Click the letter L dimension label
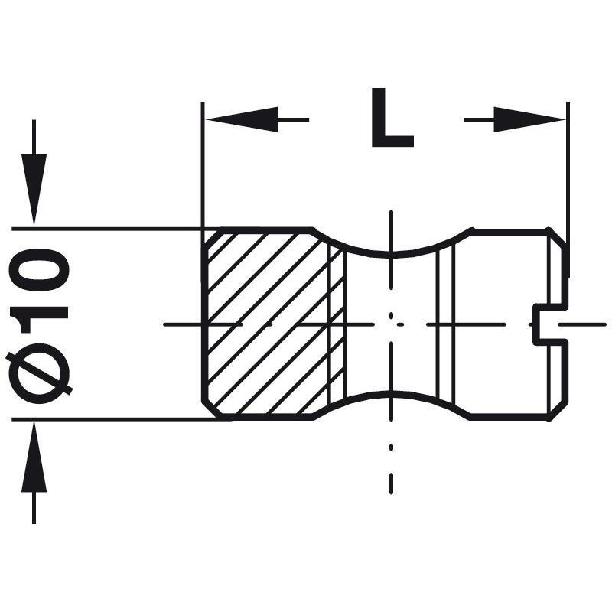tap(391, 119)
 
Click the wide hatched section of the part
tap(264, 321)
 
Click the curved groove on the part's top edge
tap(391, 250)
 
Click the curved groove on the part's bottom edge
tap(391, 396)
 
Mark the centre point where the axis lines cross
tap(391, 324)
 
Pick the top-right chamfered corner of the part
tap(559, 236)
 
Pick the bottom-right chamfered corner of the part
tap(559, 411)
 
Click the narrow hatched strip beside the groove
tap(337, 321)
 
